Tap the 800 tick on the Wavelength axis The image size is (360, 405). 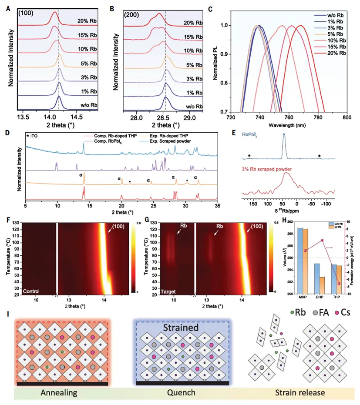[347, 118]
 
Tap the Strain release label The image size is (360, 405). [299, 393]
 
